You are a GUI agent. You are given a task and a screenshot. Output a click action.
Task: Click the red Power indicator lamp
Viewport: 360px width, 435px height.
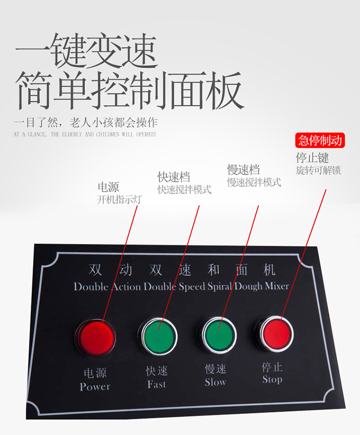[96, 337]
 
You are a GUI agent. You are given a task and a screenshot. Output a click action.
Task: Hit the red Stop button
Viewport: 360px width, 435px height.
[276, 333]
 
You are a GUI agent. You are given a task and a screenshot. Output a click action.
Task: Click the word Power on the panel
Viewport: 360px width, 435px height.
[95, 387]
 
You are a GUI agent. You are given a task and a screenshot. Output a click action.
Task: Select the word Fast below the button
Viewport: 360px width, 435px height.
[157, 384]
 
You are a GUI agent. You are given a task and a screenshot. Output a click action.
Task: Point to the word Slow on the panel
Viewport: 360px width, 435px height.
[216, 382]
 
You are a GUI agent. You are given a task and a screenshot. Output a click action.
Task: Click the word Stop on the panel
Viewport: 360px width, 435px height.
[272, 379]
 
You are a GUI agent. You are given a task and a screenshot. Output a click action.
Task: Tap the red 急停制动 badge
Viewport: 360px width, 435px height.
[320, 141]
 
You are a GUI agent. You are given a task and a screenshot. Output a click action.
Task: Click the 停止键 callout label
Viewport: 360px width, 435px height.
[312, 158]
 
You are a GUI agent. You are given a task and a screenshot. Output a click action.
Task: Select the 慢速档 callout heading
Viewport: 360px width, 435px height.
[243, 169]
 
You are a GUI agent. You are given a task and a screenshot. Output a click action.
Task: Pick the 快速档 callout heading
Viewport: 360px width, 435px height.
[174, 176]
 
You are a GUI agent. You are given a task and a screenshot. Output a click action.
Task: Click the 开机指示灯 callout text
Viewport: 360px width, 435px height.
[120, 199]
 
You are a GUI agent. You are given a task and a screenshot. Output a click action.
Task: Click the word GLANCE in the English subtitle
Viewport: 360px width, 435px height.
[37, 135]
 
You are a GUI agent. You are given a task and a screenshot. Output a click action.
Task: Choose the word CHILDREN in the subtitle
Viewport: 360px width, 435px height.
[108, 135]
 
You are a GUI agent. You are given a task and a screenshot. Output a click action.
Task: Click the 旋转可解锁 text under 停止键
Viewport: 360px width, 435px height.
[318, 170]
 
